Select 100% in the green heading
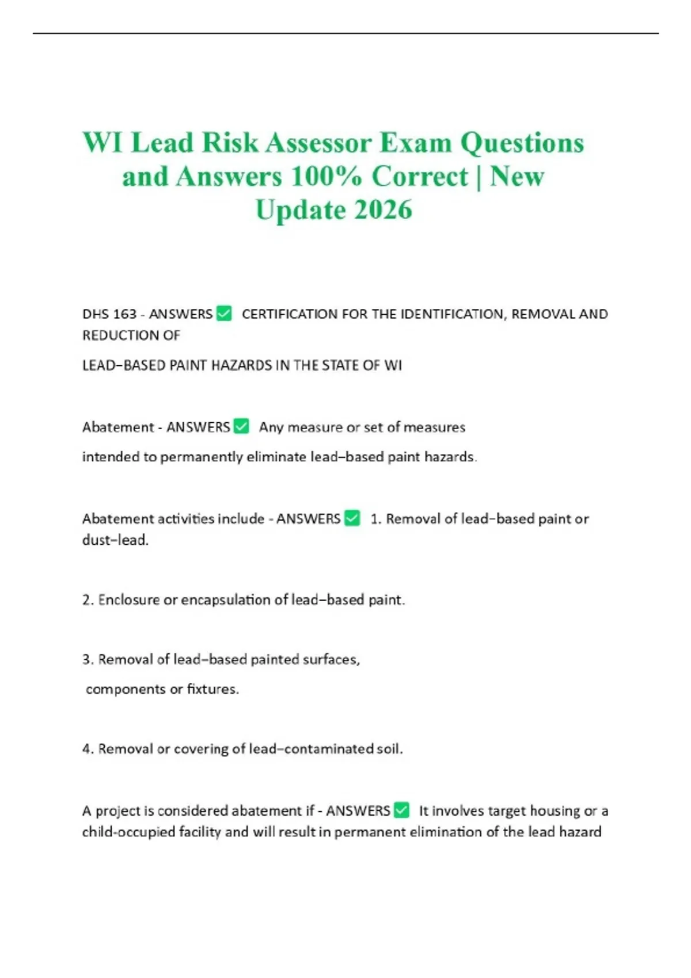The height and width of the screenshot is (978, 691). click(x=326, y=176)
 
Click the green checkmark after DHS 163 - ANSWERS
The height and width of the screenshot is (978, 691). click(x=223, y=314)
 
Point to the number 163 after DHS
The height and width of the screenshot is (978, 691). click(x=124, y=314)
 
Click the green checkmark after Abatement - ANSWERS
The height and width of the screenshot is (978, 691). click(x=241, y=426)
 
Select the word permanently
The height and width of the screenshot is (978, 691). click(x=202, y=457)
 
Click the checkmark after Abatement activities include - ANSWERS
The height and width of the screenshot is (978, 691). click(x=352, y=518)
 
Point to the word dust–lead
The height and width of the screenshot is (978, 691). click(x=115, y=540)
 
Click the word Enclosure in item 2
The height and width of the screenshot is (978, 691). click(x=129, y=599)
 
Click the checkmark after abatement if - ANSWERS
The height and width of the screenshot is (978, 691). click(x=401, y=810)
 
